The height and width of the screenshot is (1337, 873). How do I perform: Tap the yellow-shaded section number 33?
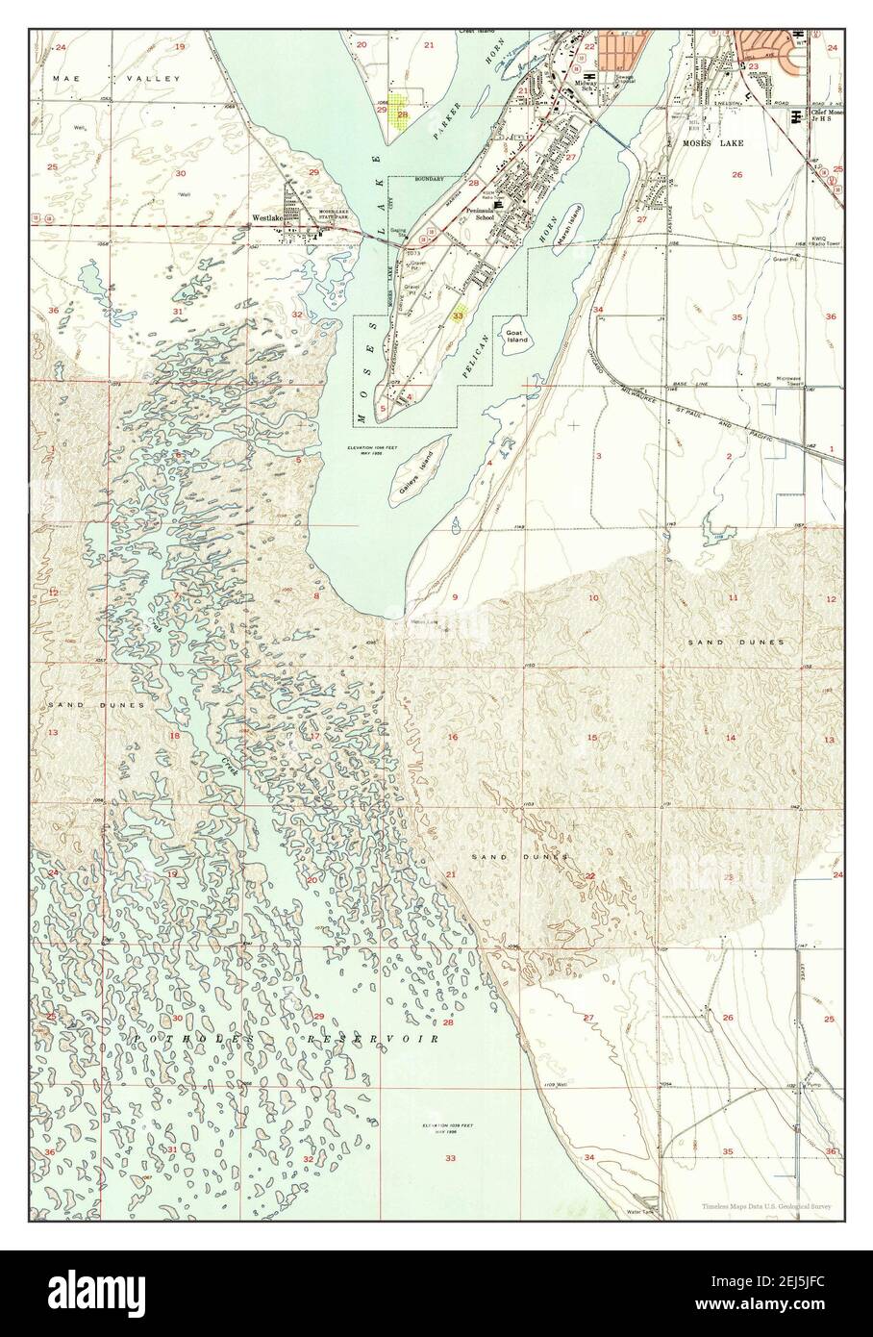pos(460,314)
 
